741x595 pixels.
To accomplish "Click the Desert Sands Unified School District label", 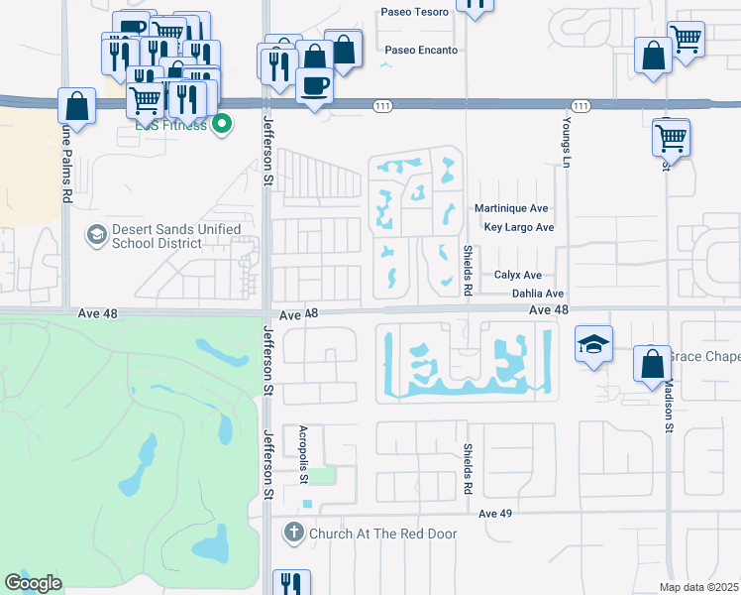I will point(175,236).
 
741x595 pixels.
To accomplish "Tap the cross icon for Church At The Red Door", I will point(293,533).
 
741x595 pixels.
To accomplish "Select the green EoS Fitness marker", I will point(223,124).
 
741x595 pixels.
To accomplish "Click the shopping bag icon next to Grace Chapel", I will point(652,364).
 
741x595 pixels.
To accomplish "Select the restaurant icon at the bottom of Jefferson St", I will point(289,583).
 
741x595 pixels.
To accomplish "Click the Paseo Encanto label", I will point(421,50).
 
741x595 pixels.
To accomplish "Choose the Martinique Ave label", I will point(511,209).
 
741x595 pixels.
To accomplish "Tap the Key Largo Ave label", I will point(518,227).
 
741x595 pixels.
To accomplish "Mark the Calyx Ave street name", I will point(518,276).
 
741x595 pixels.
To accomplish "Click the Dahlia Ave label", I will point(537,294).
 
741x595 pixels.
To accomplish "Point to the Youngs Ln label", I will point(567,141).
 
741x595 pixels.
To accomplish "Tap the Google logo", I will point(34,582).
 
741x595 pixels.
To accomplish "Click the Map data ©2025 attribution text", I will point(698,587).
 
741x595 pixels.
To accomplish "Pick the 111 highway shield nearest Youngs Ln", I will point(581,105).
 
